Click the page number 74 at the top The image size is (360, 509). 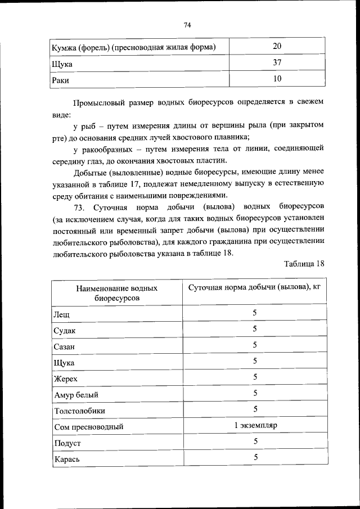(x=188, y=25)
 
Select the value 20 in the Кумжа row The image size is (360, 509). (x=277, y=46)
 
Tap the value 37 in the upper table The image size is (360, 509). (x=277, y=63)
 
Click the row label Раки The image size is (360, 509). (x=60, y=80)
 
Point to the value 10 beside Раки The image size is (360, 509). (x=277, y=79)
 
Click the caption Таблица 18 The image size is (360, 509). (x=304, y=264)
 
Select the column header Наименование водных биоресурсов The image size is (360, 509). (x=117, y=292)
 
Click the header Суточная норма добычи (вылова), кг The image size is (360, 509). (x=254, y=287)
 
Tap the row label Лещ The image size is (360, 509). (x=62, y=313)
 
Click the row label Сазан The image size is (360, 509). (x=64, y=346)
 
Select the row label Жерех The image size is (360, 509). (x=65, y=379)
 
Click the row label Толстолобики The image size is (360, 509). (x=79, y=411)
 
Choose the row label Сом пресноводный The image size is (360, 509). (x=88, y=427)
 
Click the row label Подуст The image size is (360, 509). (x=67, y=443)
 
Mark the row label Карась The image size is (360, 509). (x=66, y=460)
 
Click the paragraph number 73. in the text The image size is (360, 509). (x=80, y=208)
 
